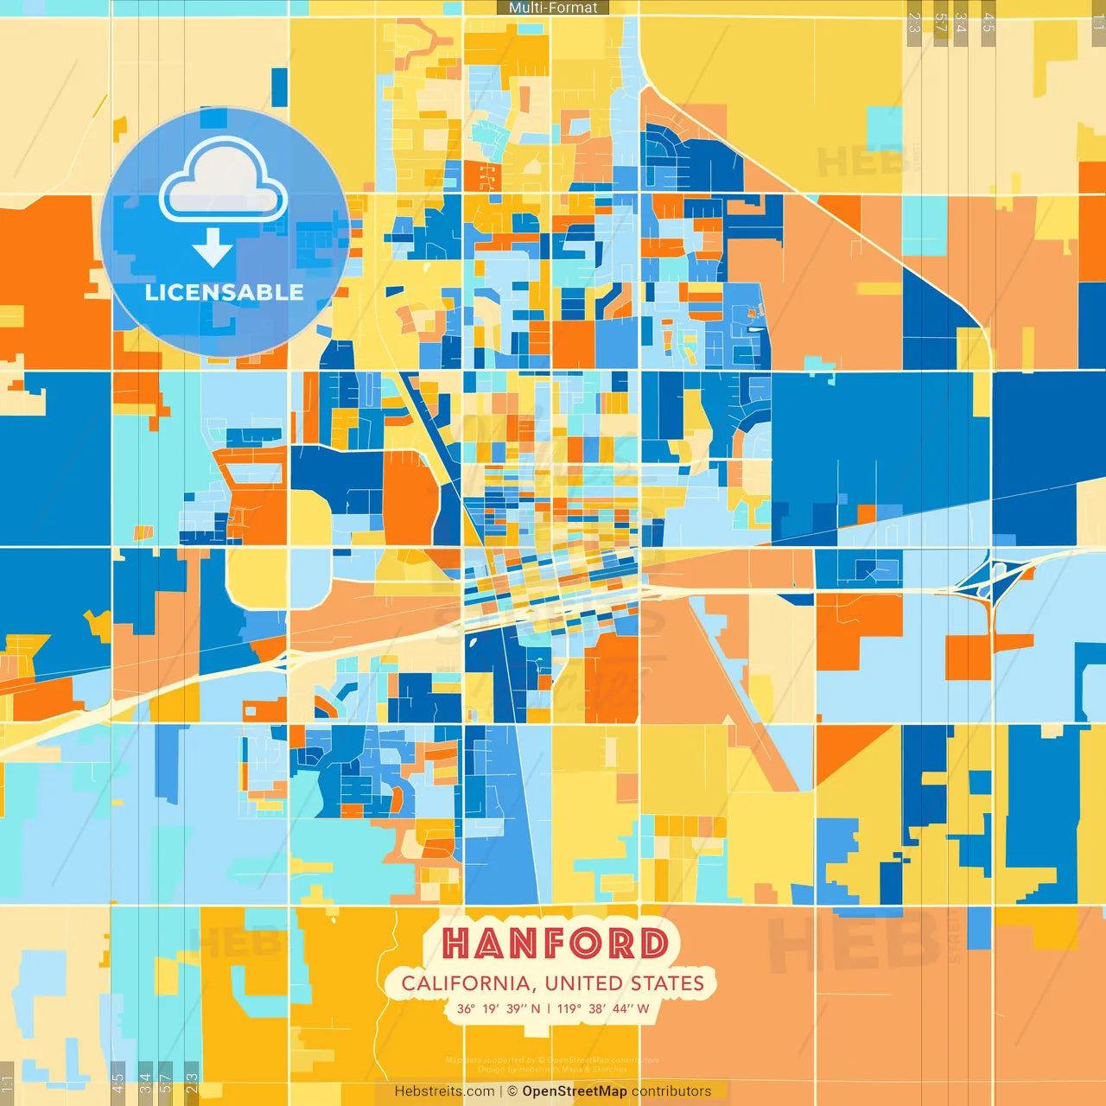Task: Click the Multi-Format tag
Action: point(553,8)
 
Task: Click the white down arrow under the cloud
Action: point(213,248)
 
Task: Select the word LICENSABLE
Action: point(224,293)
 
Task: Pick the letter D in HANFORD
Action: point(653,944)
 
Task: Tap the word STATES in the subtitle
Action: point(666,983)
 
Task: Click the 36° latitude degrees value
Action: point(466,1008)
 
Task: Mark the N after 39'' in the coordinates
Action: point(536,1008)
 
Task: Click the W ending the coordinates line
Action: point(643,1008)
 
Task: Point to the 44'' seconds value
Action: point(621,1008)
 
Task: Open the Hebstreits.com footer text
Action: point(444,1091)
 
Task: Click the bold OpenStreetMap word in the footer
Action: point(575,1091)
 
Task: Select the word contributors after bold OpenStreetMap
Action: point(671,1091)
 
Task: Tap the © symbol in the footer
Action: point(512,1091)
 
